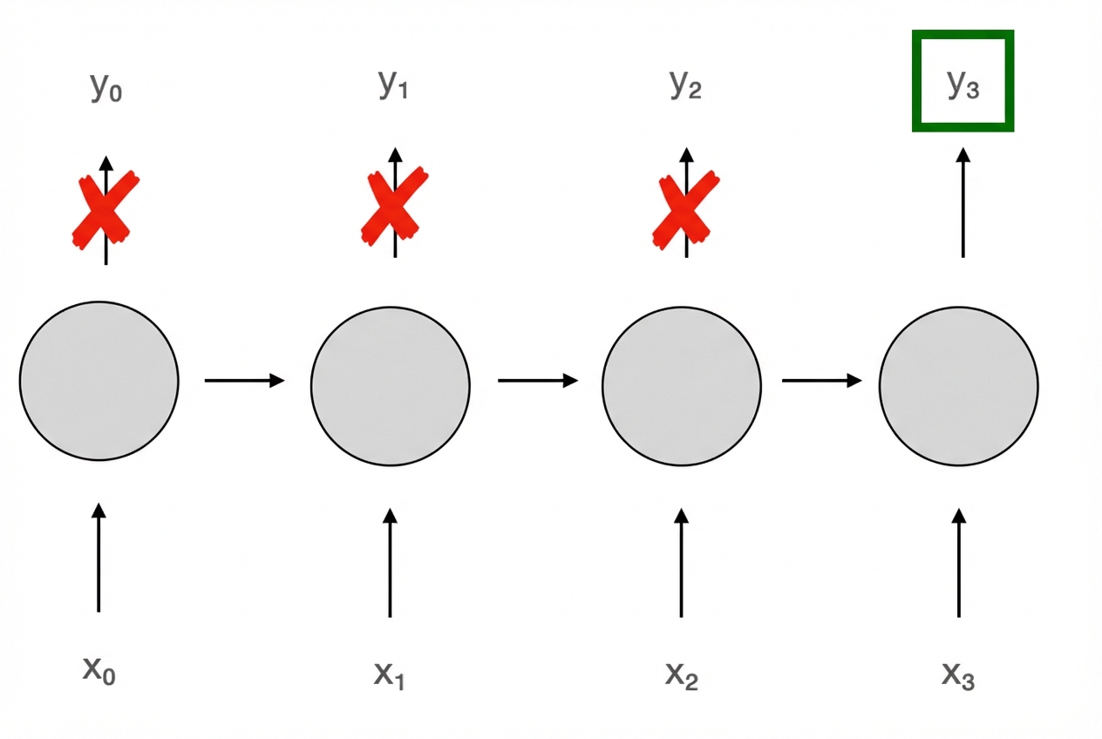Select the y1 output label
tap(393, 84)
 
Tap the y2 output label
tap(685, 84)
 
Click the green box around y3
tap(963, 81)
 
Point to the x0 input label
tap(99, 670)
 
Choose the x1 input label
tap(389, 674)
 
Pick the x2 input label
tap(681, 674)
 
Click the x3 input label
tap(958, 674)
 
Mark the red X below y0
tap(105, 209)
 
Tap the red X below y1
tap(394, 206)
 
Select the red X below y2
tap(685, 207)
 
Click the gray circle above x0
tap(99, 381)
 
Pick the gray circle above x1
tap(391, 383)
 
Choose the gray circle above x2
tap(682, 383)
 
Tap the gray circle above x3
tap(958, 384)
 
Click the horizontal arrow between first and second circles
tap(245, 380)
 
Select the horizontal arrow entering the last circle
tap(822, 381)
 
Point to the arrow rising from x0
tap(99, 558)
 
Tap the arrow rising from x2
tap(682, 563)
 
